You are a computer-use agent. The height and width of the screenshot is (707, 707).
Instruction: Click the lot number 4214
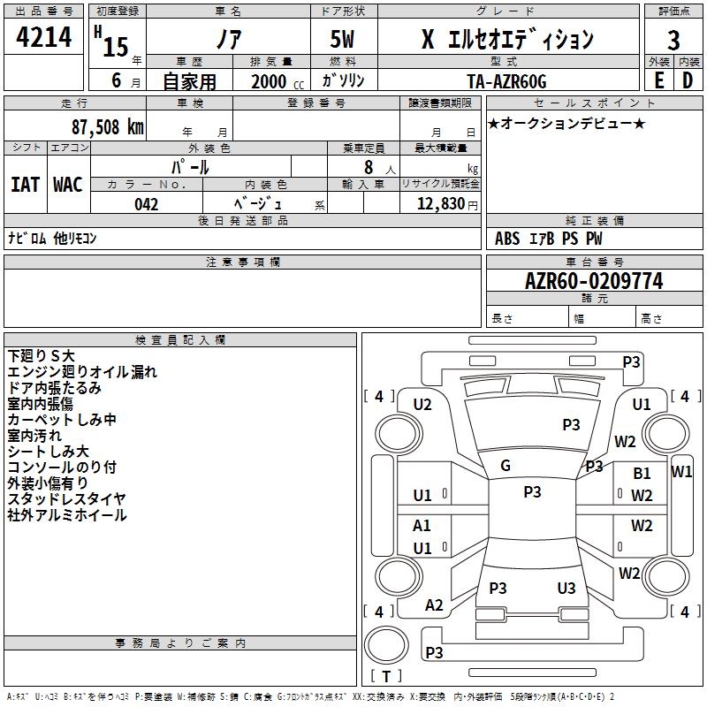click(x=43, y=37)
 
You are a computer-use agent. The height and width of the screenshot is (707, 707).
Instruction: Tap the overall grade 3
click(x=673, y=41)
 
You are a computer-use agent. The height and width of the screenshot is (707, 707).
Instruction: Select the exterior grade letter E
click(x=659, y=80)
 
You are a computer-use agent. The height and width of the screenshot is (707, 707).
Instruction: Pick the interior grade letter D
click(x=688, y=80)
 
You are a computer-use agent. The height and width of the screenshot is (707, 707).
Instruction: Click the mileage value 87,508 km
click(x=108, y=127)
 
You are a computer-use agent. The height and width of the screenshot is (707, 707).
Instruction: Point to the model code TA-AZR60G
click(x=506, y=81)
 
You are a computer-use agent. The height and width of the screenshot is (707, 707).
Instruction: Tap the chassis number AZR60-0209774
click(x=594, y=281)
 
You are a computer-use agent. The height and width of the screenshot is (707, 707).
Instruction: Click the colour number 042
click(x=147, y=204)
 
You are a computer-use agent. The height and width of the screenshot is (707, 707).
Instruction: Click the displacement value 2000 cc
click(x=277, y=81)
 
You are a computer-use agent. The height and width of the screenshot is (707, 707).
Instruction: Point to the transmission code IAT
click(x=25, y=185)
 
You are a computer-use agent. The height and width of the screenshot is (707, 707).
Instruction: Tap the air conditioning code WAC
click(x=68, y=185)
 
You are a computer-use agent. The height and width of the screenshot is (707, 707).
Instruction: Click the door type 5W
click(x=342, y=39)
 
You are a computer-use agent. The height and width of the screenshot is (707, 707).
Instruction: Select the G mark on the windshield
click(x=506, y=466)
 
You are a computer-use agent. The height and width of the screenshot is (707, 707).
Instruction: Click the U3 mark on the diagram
click(x=566, y=588)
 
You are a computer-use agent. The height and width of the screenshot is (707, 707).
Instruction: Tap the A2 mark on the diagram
click(x=434, y=605)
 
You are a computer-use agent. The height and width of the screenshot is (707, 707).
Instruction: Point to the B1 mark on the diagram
click(x=642, y=474)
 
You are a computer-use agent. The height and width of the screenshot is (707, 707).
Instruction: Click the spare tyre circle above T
click(x=386, y=644)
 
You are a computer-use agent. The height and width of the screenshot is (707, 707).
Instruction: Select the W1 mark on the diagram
click(x=681, y=472)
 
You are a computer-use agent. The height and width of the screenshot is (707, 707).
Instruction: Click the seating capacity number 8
click(x=369, y=167)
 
